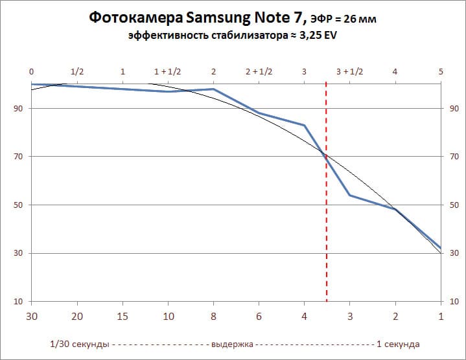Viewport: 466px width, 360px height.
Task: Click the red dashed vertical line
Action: click(326, 194)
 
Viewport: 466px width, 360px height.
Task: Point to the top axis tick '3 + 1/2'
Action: click(350, 71)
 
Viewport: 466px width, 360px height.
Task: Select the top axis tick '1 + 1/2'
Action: click(168, 71)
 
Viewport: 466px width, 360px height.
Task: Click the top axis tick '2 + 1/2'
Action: click(259, 71)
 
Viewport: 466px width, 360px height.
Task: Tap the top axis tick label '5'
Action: click(441, 71)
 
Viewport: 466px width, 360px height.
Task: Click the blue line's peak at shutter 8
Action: click(213, 89)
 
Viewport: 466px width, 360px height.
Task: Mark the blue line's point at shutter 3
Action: click(350, 195)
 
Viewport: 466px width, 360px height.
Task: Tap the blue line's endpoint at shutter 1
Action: click(441, 248)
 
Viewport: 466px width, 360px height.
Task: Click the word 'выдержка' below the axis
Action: click(232, 344)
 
